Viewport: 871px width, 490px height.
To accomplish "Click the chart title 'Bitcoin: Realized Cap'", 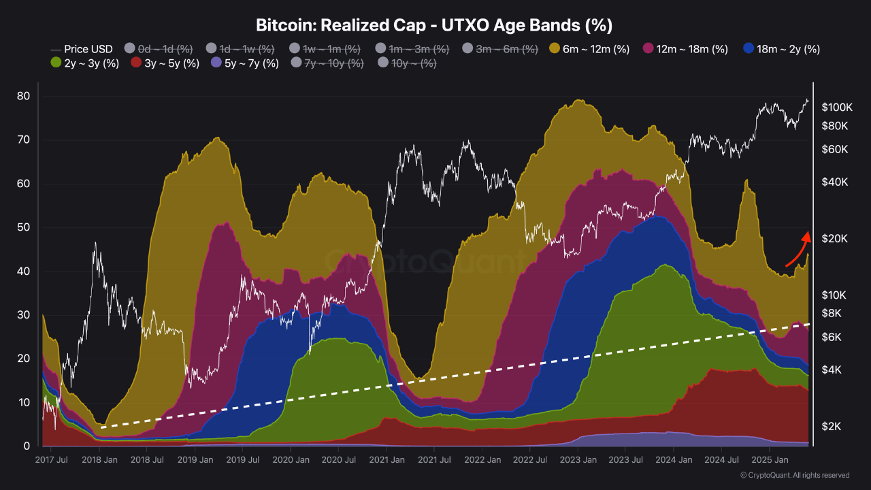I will coord(434,25).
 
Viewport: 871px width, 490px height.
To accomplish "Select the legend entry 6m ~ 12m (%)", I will coord(589,49).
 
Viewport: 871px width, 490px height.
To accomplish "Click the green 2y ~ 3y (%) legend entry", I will coord(85,63).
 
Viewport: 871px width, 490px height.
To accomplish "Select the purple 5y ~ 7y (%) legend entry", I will coord(244,63).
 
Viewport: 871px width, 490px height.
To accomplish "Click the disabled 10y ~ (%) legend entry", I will coord(407,63).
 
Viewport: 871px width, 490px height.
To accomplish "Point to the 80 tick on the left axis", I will coord(23,96).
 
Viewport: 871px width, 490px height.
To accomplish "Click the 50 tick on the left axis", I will coord(23,227).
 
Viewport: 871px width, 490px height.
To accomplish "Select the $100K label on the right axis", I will coord(836,108).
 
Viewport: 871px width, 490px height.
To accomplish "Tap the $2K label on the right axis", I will coord(832,427).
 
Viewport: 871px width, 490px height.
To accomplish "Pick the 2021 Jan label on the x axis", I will coord(387,460).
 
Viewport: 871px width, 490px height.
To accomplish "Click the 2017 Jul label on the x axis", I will coord(52,460).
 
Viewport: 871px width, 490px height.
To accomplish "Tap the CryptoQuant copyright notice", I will coord(794,475).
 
